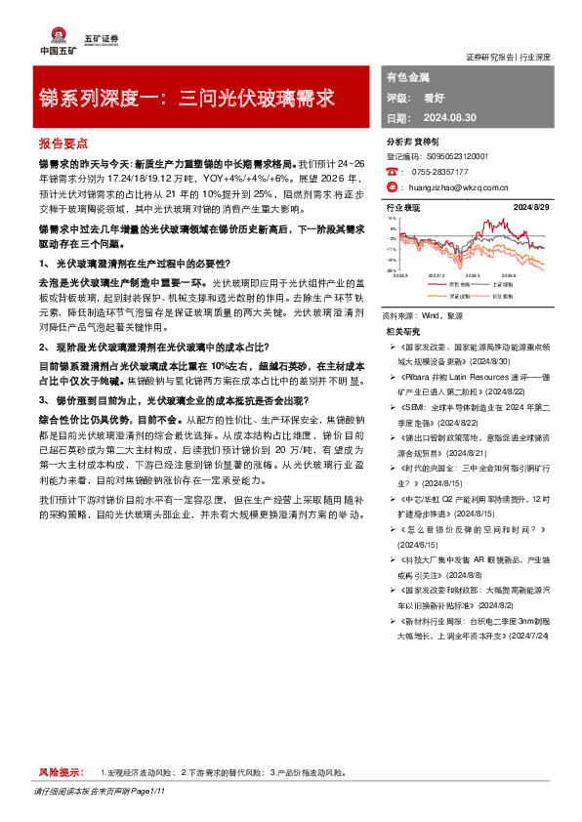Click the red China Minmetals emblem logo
(x=49, y=32)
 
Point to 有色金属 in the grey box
(x=404, y=75)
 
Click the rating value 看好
(x=436, y=98)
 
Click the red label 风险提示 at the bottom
(x=57, y=772)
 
